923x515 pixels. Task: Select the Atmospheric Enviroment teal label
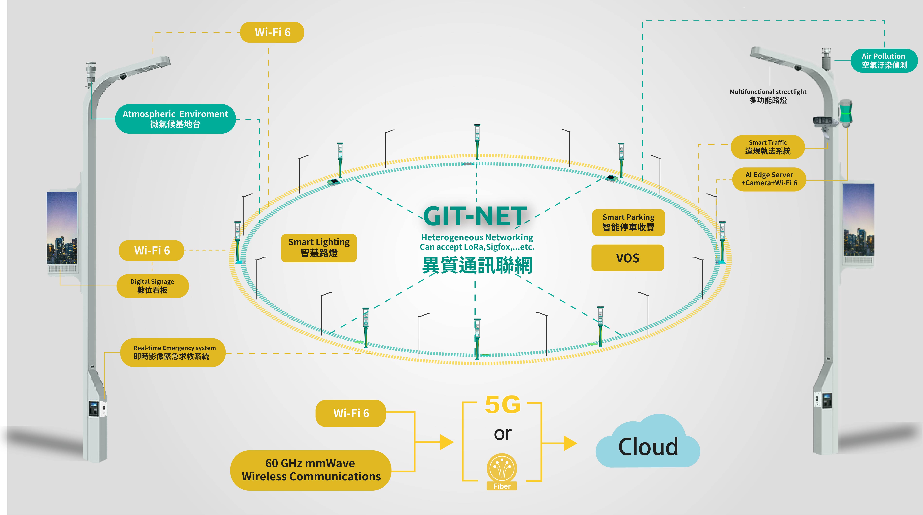pyautogui.click(x=175, y=119)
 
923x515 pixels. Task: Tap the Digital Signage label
pyautogui.click(x=153, y=286)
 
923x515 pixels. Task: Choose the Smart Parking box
pyautogui.click(x=628, y=222)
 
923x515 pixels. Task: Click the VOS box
pyautogui.click(x=627, y=258)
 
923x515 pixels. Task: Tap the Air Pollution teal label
pyautogui.click(x=884, y=61)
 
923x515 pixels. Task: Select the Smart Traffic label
pyautogui.click(x=767, y=147)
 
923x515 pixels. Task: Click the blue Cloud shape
pyautogui.click(x=648, y=444)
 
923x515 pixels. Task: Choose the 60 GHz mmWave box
pyautogui.click(x=311, y=470)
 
